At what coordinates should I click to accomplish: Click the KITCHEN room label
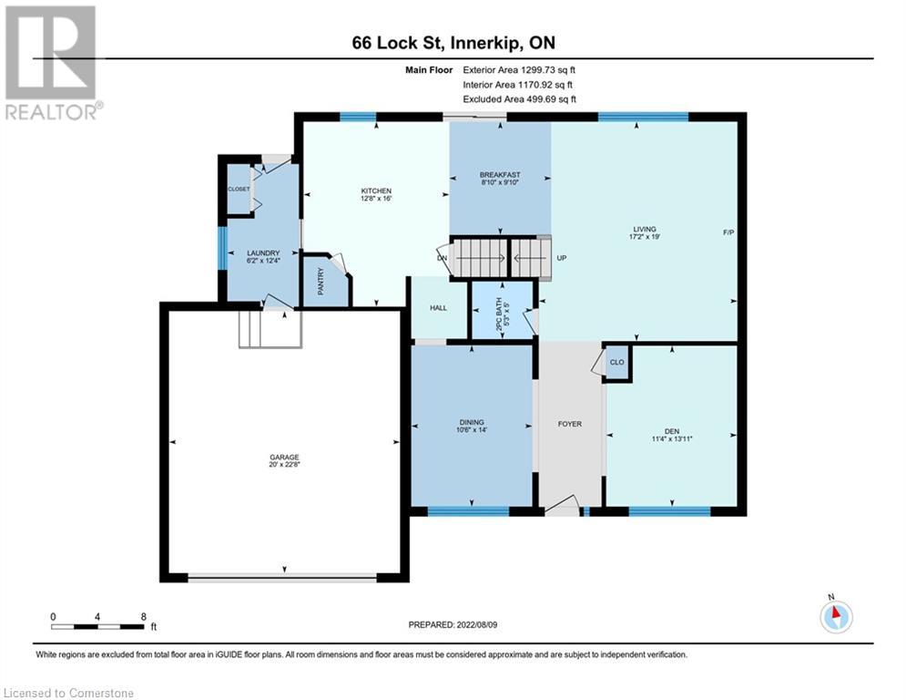375,191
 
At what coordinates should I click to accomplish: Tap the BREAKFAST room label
500,175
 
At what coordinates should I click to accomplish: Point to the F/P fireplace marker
728,233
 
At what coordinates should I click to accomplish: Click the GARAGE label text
284,458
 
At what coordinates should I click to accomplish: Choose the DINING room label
472,423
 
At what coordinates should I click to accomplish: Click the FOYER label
569,424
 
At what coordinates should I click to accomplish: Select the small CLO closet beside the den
616,361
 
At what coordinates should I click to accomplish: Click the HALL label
438,308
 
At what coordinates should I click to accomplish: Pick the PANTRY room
321,285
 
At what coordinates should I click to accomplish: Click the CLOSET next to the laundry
239,189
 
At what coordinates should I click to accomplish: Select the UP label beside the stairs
562,258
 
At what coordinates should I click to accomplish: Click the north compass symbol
835,615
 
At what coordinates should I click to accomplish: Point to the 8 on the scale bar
143,616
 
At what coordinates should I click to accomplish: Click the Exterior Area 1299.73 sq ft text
519,69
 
